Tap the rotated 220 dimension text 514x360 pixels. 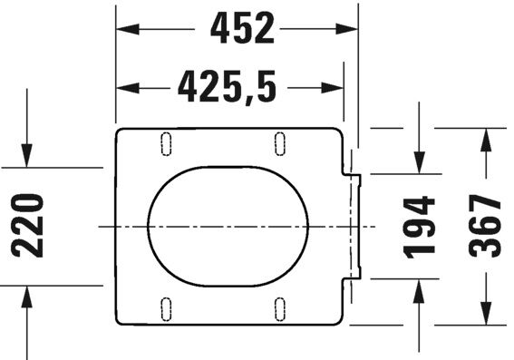pos(29,226)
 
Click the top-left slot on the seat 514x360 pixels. pos(167,142)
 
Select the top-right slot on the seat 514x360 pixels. pos(280,142)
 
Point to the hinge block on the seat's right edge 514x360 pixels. pos(354,225)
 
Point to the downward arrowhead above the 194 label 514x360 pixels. pos(421,162)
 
